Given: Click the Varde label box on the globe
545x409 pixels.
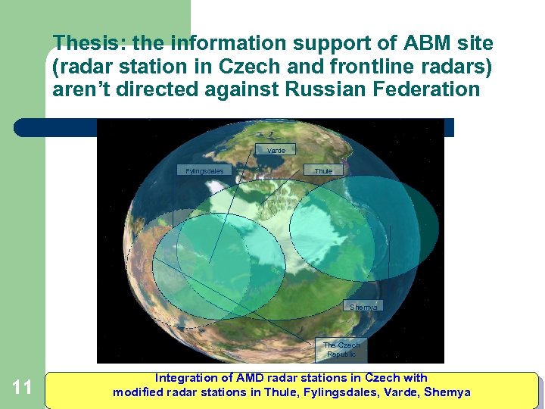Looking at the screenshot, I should [x=276, y=150].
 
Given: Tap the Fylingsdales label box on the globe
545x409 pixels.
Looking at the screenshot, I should [x=204, y=170].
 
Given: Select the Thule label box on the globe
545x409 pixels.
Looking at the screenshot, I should [x=323, y=170].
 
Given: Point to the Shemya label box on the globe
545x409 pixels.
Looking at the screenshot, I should [x=363, y=307].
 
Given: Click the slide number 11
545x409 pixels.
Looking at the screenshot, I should [x=23, y=388].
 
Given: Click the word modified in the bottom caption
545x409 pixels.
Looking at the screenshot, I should [x=136, y=392].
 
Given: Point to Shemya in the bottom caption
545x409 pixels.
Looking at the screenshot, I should [x=447, y=392].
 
